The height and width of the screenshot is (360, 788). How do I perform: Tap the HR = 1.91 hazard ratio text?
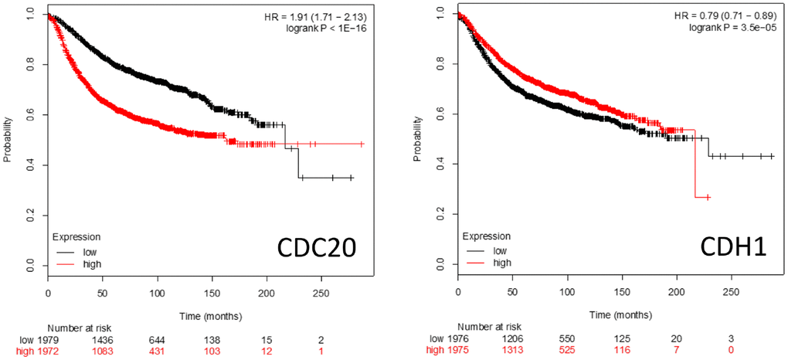(322, 15)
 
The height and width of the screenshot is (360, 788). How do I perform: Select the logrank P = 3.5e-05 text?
(735, 28)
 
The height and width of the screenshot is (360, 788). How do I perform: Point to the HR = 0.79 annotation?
(735, 15)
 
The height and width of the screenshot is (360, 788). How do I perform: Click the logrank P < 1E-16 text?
(328, 28)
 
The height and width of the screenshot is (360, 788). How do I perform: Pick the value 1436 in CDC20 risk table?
(103, 340)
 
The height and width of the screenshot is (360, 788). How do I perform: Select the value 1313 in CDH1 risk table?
(513, 352)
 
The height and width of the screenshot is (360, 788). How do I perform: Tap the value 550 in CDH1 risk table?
(567, 339)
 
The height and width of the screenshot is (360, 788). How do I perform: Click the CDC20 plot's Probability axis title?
(8, 139)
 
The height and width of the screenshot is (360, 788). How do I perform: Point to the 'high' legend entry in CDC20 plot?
(90, 263)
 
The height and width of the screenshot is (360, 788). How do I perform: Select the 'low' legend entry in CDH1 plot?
(501, 251)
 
